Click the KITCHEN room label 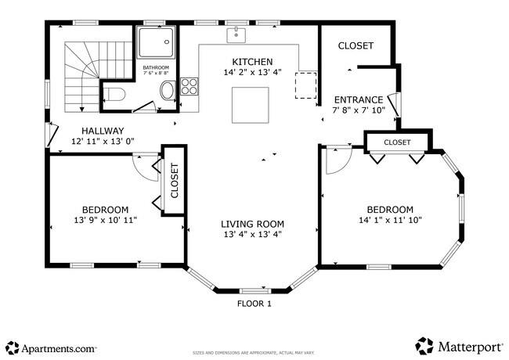[252, 62]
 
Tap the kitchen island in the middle [251, 105]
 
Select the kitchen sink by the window [236, 35]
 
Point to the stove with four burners [190, 85]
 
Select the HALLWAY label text [103, 131]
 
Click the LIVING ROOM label [252, 224]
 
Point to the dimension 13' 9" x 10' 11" [105, 221]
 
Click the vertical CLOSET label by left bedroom [175, 181]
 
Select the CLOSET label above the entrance [356, 46]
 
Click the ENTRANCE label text [359, 99]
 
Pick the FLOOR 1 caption [254, 304]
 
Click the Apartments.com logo [52, 347]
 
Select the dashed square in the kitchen [305, 84]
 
